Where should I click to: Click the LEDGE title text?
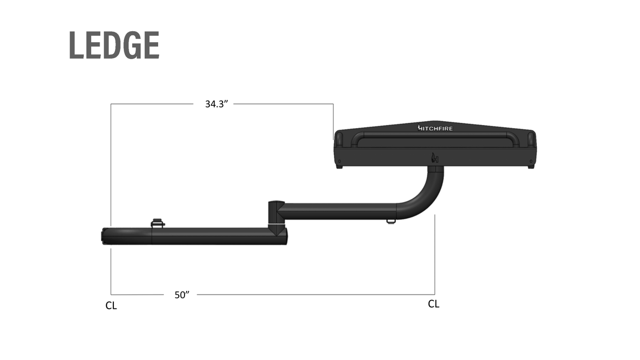(x=114, y=45)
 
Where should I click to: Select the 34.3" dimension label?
(x=216, y=104)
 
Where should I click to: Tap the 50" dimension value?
(x=182, y=295)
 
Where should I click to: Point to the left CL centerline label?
(x=111, y=306)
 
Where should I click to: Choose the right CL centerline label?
(x=433, y=304)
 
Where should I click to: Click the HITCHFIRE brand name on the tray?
(x=435, y=128)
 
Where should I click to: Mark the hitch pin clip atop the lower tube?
(x=158, y=223)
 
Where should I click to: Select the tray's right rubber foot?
(x=531, y=167)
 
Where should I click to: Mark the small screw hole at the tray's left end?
(x=339, y=160)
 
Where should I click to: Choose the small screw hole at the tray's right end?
(x=531, y=160)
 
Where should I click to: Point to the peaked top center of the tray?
(x=435, y=121)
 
